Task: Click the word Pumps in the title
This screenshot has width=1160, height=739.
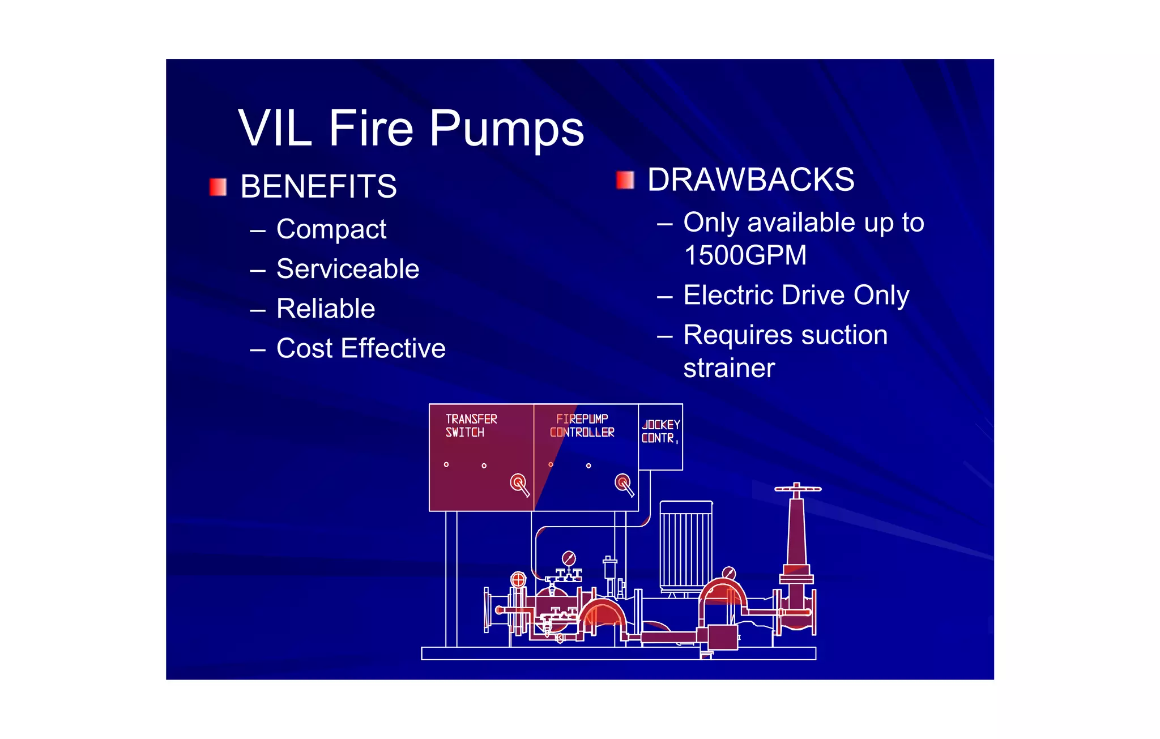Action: pyautogui.click(x=506, y=129)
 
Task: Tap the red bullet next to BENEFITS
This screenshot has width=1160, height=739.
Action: pyautogui.click(x=218, y=187)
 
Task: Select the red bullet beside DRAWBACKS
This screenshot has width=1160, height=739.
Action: pyautogui.click(x=625, y=180)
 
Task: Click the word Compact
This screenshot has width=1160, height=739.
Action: pyautogui.click(x=331, y=230)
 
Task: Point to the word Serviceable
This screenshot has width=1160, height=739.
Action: pyautogui.click(x=348, y=269)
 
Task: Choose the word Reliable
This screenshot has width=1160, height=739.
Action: pyautogui.click(x=326, y=309)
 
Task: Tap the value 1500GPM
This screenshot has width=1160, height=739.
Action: pyautogui.click(x=745, y=255)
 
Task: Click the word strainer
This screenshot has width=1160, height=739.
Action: pyautogui.click(x=729, y=369)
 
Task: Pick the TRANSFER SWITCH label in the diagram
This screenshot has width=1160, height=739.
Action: pyautogui.click(x=471, y=426)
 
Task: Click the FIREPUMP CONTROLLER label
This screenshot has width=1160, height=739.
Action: pyautogui.click(x=582, y=426)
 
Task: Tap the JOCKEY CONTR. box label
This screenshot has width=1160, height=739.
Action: pyautogui.click(x=660, y=432)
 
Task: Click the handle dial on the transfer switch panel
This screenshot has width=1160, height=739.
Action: pyautogui.click(x=518, y=483)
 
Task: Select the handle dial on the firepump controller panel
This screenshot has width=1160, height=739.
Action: pyautogui.click(x=623, y=483)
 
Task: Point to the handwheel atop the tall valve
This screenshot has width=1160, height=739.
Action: pyautogui.click(x=797, y=489)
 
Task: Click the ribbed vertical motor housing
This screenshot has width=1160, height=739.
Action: pyautogui.click(x=686, y=544)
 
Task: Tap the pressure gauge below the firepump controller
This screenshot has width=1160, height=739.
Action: pyautogui.click(x=569, y=558)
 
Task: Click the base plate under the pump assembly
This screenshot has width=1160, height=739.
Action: pyautogui.click(x=619, y=653)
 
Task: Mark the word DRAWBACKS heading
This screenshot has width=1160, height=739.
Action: pyautogui.click(x=750, y=180)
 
